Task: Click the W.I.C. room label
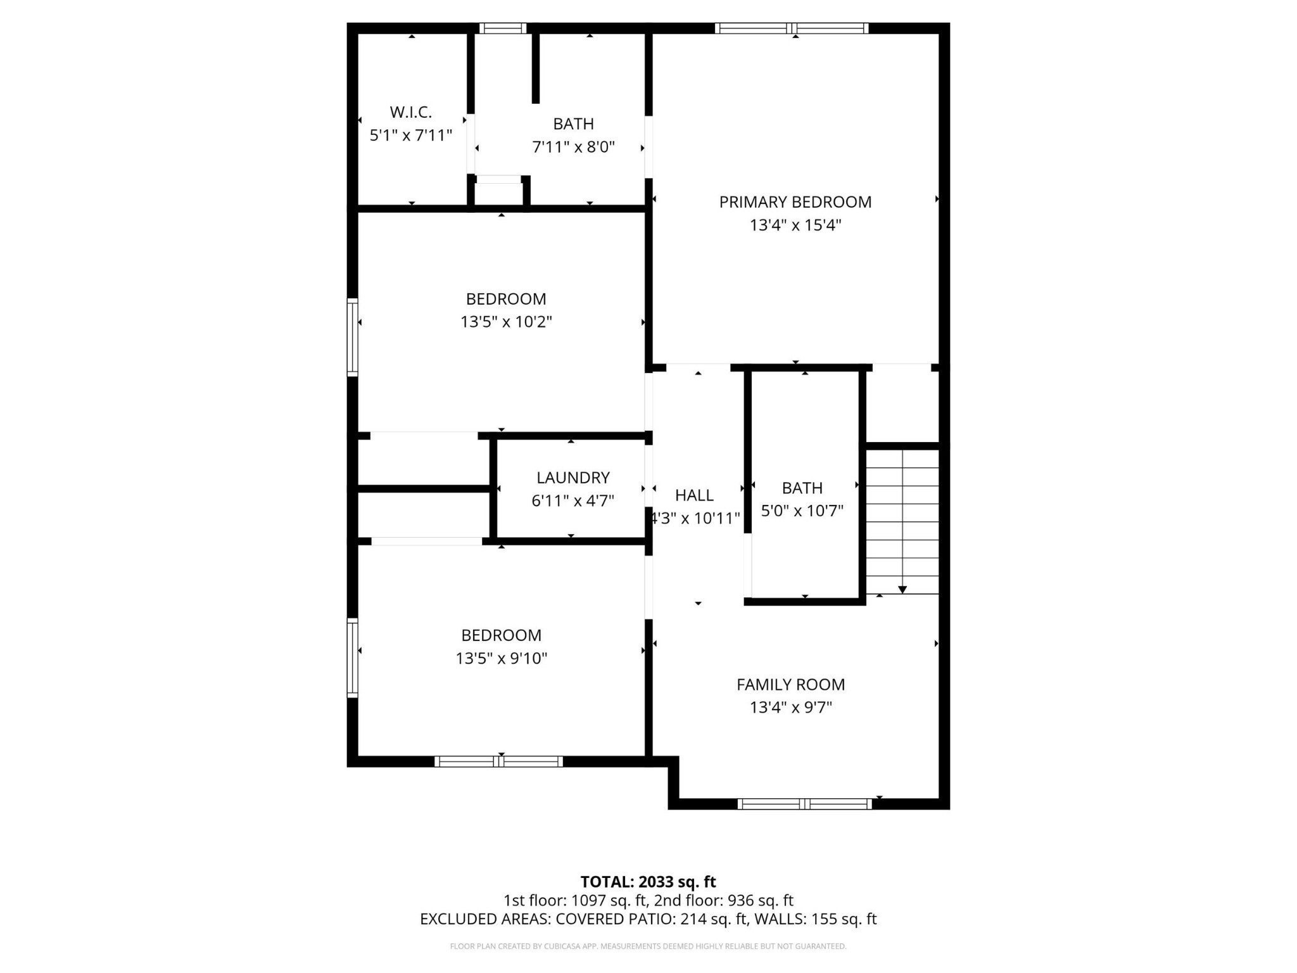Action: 410,113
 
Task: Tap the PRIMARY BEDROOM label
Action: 795,202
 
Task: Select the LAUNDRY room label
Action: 573,478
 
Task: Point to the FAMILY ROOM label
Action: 790,685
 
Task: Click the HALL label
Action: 694,495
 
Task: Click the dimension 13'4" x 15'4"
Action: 795,226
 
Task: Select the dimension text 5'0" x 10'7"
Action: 802,511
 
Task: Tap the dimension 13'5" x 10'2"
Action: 506,322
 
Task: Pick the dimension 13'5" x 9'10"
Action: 502,659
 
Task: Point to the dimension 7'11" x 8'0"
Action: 574,148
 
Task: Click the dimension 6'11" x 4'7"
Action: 573,501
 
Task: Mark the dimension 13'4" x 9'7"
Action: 791,708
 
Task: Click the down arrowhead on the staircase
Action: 902,590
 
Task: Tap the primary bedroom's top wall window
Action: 792,28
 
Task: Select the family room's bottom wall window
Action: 805,804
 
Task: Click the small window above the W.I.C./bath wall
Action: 502,28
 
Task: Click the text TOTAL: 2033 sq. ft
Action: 648,882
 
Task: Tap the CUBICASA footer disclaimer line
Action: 648,946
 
